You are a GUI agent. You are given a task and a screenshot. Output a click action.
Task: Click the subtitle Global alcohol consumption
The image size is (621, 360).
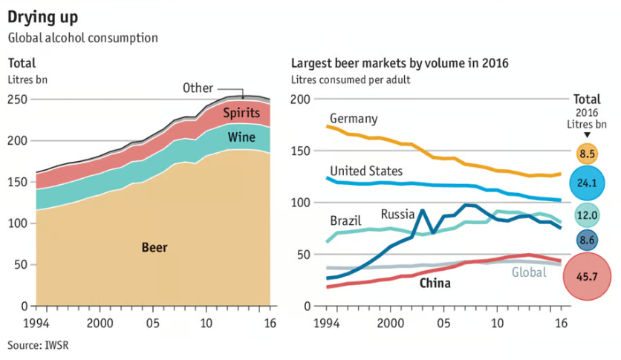[82, 37]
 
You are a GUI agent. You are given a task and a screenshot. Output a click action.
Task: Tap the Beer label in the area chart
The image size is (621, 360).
[155, 247]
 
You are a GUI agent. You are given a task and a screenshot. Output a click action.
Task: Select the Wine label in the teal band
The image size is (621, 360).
[241, 137]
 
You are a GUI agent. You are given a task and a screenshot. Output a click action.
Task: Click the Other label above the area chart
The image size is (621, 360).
[198, 88]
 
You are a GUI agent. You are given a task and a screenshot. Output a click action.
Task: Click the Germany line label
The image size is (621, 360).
[354, 119]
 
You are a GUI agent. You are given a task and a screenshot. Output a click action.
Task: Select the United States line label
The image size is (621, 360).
[366, 171]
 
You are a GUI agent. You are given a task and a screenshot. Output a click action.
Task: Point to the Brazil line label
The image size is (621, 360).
[345, 221]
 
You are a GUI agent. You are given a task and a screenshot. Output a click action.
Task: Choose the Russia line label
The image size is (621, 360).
[397, 215]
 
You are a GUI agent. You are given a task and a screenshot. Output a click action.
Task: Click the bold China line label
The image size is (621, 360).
[435, 283]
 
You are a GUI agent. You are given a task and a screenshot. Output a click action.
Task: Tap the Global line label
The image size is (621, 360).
[529, 272]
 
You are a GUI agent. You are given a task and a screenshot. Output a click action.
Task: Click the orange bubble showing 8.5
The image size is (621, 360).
[587, 154]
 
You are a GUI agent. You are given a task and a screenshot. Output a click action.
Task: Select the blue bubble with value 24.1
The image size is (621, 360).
[587, 183]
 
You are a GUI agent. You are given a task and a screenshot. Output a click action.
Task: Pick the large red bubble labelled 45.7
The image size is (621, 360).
[587, 276]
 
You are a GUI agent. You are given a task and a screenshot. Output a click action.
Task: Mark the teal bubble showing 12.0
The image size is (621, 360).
[587, 215]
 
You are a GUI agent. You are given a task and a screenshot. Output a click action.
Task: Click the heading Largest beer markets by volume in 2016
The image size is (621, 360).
[400, 63]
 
